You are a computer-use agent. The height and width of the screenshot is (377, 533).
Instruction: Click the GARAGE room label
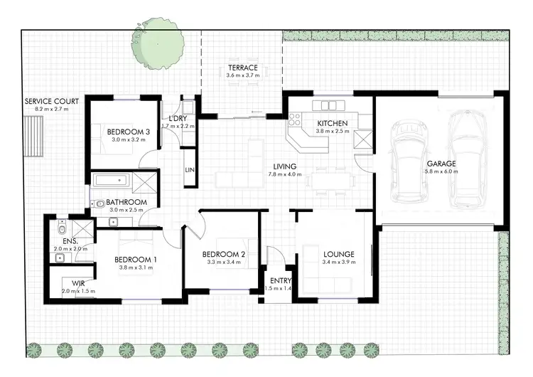pos(441,163)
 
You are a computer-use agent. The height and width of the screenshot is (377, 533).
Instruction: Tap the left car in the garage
pos(409,163)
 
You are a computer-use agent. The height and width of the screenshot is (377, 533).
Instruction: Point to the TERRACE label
pos(242,68)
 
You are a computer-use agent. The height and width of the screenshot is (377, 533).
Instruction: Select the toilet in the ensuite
pos(63,230)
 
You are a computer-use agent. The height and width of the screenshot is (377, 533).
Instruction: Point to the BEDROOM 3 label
pos(128,132)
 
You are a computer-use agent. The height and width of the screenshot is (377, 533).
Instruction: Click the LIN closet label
pos(190,170)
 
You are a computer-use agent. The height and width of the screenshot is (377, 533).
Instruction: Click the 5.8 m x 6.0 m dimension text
pos(441,172)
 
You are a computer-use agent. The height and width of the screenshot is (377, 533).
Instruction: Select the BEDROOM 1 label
pos(136,260)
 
